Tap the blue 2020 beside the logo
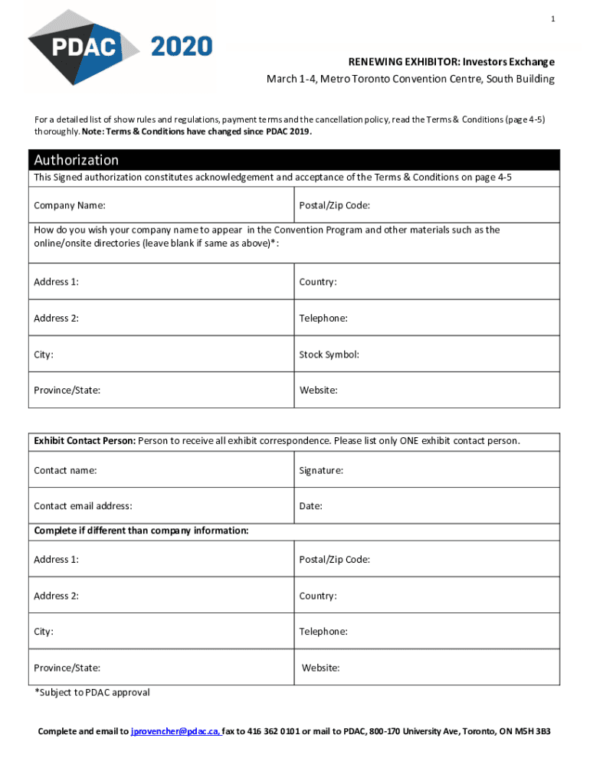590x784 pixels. pos(182,47)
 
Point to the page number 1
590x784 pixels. pos(552,19)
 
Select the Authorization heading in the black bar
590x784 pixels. pos(76,160)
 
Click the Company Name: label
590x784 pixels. pos(70,206)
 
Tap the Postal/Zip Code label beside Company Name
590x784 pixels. pos(335,206)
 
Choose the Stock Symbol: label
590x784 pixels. pos(329,354)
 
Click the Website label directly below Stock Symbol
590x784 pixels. pos(319,390)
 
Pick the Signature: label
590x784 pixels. pos(321,471)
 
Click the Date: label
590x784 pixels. pos(311,506)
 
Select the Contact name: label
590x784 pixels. pos(65,471)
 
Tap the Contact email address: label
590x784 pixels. pos(83,506)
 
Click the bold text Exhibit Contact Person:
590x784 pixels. pos(84,441)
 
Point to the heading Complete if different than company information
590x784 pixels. pos(141,531)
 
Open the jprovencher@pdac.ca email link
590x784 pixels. pos(175,731)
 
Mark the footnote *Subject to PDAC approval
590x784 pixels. pos(92,693)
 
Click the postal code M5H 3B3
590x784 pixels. pos(533,731)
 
